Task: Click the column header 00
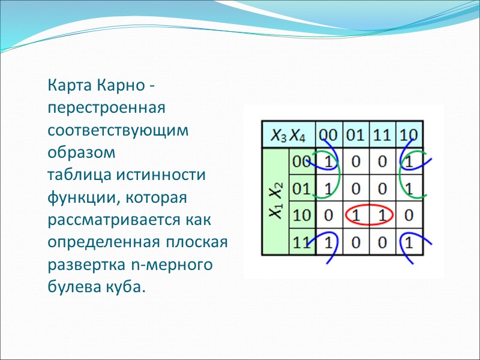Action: click(x=328, y=134)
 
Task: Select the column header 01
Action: click(x=355, y=134)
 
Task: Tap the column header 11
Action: click(x=382, y=134)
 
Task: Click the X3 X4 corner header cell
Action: click(x=288, y=136)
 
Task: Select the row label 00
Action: click(x=301, y=161)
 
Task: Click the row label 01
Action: click(x=301, y=188)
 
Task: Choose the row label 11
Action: click(x=301, y=242)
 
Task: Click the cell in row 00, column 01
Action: click(x=355, y=161)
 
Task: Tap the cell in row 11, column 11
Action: click(x=382, y=242)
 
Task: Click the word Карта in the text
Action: click(x=68, y=86)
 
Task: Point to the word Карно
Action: click(x=118, y=86)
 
